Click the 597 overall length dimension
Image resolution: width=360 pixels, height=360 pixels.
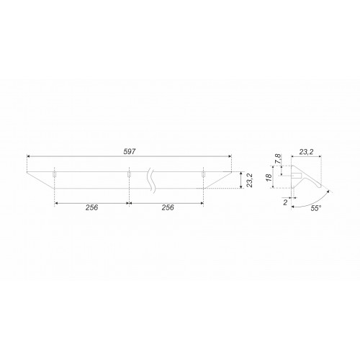130,152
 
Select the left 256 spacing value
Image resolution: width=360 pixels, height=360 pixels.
91,207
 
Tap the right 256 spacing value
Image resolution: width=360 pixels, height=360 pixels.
168,207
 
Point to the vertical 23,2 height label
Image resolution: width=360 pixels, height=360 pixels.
250,180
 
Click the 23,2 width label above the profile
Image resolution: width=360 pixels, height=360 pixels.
306,152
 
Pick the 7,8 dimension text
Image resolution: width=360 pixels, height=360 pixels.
278,159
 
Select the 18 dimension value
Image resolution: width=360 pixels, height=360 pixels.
269,177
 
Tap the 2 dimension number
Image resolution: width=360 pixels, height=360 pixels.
285,202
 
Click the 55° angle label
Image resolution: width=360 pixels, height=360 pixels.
316,208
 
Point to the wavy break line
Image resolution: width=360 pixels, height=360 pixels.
151,180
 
